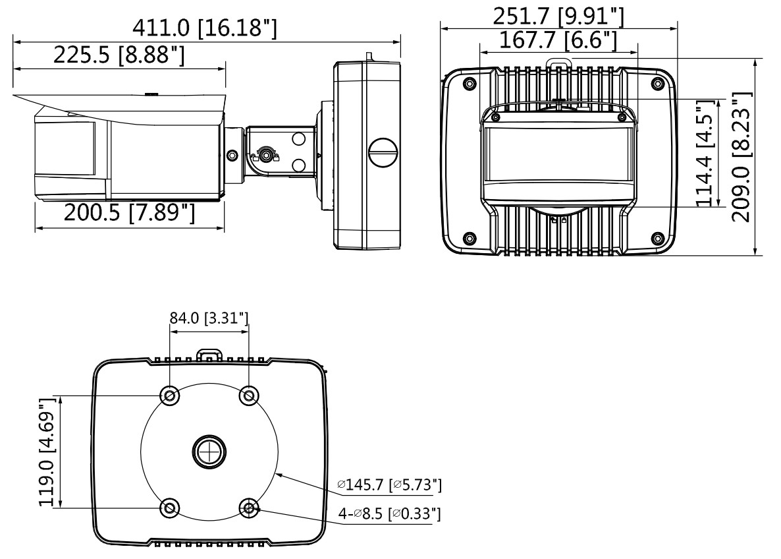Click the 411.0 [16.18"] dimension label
pyautogui.click(x=204, y=28)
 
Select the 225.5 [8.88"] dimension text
pyautogui.click(x=119, y=54)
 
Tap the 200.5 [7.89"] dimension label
pyautogui.click(x=130, y=213)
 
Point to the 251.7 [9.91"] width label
pyautogui.click(x=558, y=17)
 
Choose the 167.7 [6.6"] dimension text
pyautogui.click(x=558, y=40)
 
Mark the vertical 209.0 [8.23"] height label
pyautogui.click(x=741, y=157)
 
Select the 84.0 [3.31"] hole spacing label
pyautogui.click(x=209, y=318)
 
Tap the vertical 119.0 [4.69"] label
pyautogui.click(x=48, y=452)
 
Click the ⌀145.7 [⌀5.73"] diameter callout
pyautogui.click(x=389, y=485)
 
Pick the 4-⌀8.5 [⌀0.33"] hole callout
pyautogui.click(x=389, y=513)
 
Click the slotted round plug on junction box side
pyautogui.click(x=383, y=152)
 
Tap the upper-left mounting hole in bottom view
pyautogui.click(x=170, y=396)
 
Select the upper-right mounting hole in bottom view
pyautogui.click(x=249, y=396)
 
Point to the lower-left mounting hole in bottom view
pyautogui.click(x=170, y=509)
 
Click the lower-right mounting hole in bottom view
pyautogui.click(x=249, y=509)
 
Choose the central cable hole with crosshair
pyautogui.click(x=209, y=452)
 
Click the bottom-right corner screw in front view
pyautogui.click(x=657, y=238)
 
